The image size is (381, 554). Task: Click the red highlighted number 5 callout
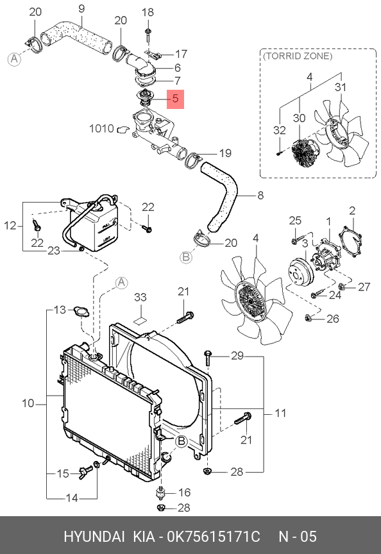(176, 99)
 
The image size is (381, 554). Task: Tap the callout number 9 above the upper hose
(81, 8)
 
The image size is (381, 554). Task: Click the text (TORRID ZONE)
(298, 56)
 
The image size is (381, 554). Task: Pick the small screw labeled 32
(279, 154)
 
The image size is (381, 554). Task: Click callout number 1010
(101, 128)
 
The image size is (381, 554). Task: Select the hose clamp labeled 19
(193, 159)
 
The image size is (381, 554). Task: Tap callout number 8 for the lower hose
(260, 195)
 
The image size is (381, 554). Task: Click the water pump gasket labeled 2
(351, 242)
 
